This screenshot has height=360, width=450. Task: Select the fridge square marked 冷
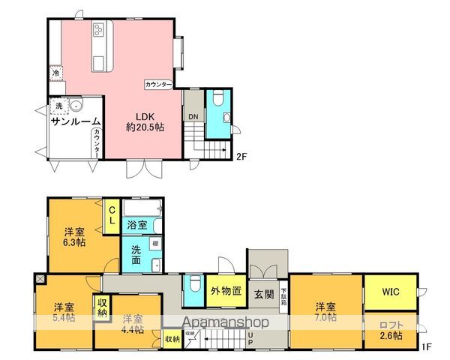click(x=55, y=73)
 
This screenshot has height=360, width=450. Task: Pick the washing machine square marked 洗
click(x=58, y=106)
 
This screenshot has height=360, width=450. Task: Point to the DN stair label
click(x=193, y=116)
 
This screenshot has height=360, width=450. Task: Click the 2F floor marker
click(x=241, y=157)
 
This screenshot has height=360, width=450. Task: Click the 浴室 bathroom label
click(x=136, y=224)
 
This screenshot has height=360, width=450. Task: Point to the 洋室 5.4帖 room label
click(x=63, y=313)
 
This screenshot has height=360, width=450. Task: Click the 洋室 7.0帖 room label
click(x=325, y=311)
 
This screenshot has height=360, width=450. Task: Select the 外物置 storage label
click(x=224, y=290)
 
